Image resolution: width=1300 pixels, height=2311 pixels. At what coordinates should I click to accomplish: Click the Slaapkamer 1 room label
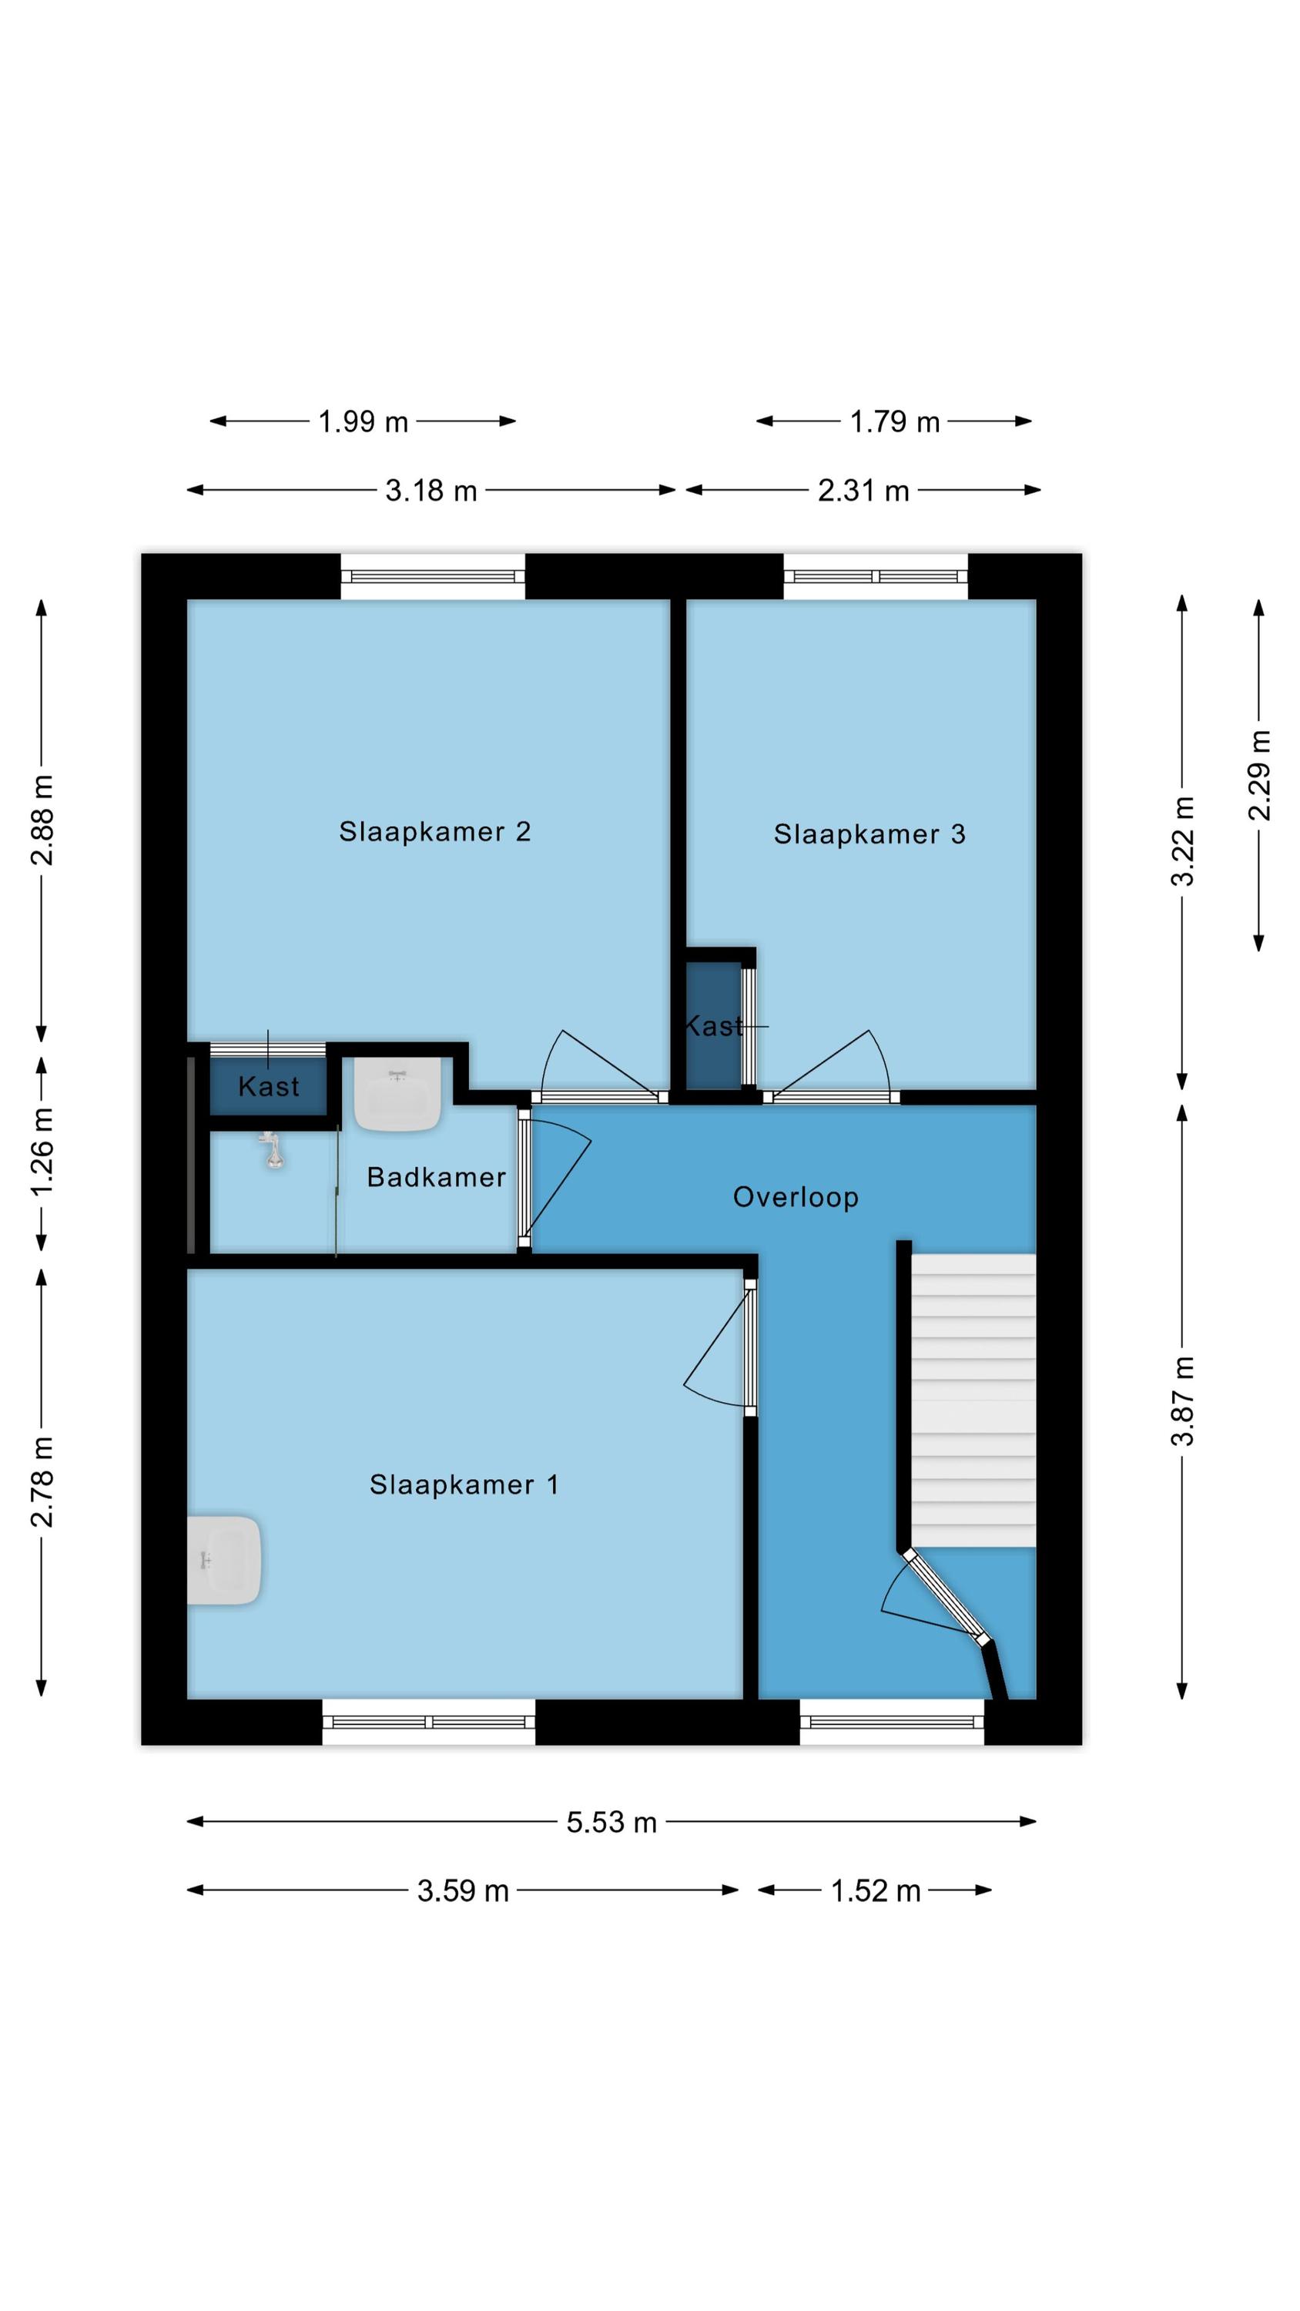(464, 1484)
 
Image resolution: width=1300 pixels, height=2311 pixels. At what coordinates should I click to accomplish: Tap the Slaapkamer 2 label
(434, 832)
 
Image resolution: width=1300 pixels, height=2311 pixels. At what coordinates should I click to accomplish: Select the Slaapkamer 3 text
(869, 834)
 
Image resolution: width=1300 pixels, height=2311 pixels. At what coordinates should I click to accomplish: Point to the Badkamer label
(436, 1177)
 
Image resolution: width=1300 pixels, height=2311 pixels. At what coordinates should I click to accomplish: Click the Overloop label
(796, 1198)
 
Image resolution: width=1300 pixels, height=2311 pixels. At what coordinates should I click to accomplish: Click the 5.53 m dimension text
(611, 1822)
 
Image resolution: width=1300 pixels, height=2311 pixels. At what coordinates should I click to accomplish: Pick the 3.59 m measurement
(463, 1890)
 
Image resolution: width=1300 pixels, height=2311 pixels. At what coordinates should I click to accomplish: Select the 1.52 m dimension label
(876, 1890)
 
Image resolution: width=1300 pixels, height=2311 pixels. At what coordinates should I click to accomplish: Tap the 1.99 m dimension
(364, 421)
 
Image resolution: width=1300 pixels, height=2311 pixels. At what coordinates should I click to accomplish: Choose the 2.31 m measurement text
(863, 491)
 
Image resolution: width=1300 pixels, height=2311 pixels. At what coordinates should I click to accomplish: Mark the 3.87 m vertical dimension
(1184, 1400)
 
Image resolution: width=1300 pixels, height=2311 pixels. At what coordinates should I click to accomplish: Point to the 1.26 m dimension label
(42, 1151)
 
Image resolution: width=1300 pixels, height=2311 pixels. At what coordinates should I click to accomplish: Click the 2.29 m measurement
(1260, 775)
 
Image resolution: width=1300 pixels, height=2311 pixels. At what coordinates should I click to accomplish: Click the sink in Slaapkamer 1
(224, 1561)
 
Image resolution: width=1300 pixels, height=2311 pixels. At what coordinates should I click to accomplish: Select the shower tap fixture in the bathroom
(272, 1150)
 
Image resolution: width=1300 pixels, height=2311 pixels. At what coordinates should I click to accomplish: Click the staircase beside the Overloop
(973, 1400)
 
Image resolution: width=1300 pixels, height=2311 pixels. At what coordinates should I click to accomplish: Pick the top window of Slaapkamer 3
(876, 576)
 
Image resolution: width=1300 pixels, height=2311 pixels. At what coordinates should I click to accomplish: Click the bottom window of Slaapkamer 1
(429, 1722)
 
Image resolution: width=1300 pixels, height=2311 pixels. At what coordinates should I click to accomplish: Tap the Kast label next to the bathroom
(268, 1086)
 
